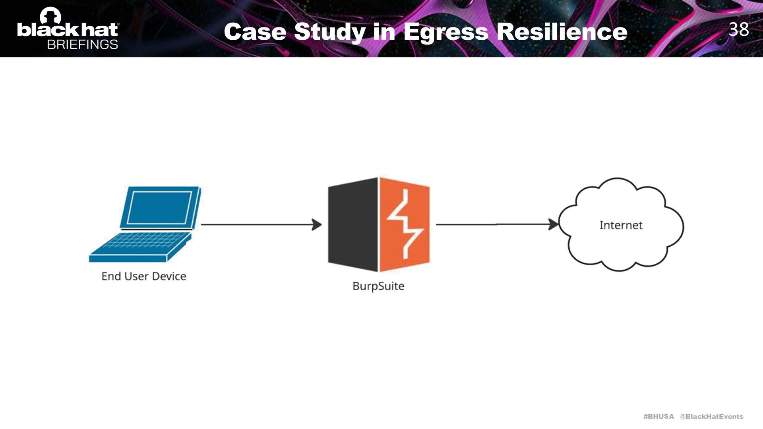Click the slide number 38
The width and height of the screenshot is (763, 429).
click(738, 29)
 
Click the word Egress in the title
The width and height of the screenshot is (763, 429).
click(445, 32)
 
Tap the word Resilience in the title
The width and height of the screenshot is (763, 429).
click(562, 32)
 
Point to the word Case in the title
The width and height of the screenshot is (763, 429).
click(255, 32)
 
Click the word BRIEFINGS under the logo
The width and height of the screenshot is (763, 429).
click(82, 44)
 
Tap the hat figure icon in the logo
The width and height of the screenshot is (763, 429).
click(50, 16)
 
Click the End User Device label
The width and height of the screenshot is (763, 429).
click(143, 276)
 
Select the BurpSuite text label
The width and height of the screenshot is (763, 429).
click(378, 286)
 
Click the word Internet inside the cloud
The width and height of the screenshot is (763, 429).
click(621, 225)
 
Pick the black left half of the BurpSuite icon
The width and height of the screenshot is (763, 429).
click(352, 224)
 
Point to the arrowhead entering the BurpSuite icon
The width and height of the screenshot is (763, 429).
click(317, 224)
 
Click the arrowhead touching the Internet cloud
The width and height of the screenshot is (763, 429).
click(553, 224)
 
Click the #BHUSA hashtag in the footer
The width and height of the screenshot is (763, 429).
click(658, 416)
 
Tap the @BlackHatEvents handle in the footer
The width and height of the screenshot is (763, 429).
click(711, 416)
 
